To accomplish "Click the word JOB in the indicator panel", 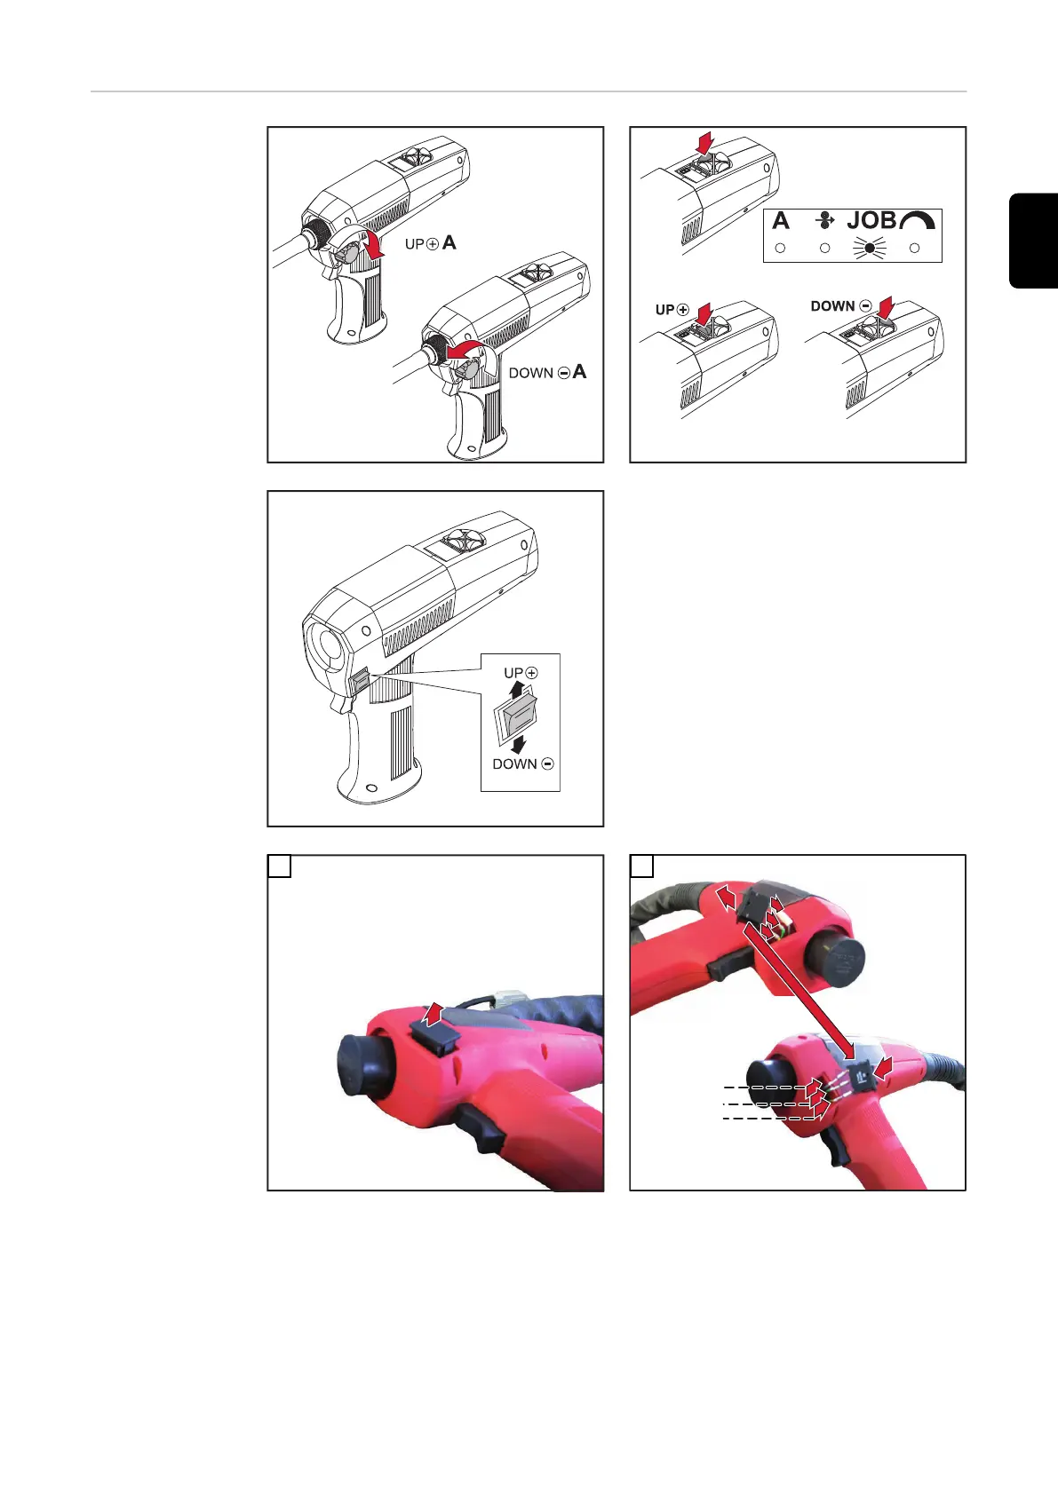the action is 871,220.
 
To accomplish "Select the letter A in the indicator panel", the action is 781,220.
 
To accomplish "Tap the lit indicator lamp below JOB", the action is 870,248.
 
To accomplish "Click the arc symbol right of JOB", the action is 918,220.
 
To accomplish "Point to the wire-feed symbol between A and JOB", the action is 825,219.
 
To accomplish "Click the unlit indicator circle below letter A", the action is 780,249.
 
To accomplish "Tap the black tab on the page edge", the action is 1033,241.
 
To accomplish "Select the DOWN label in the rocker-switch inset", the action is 514,764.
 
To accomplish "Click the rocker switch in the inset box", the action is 515,717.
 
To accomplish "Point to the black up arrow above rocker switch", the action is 515,690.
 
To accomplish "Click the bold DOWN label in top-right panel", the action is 832,306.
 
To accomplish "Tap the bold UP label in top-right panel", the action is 664,310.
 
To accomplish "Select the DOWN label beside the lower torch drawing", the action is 531,373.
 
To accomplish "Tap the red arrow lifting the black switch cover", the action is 434,1014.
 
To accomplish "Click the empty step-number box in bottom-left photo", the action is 279,866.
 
